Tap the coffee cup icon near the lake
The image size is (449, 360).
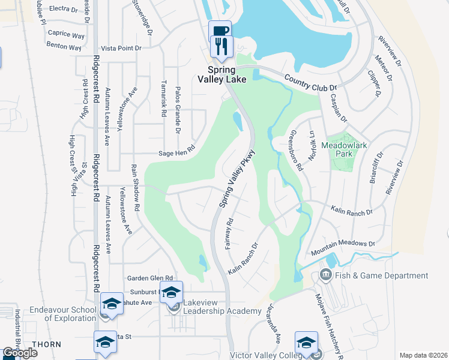(x=219, y=30)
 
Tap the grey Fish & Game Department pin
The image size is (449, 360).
(x=327, y=275)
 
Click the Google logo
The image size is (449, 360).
(x=19, y=353)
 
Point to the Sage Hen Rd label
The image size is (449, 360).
(x=176, y=151)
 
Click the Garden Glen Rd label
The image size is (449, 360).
(x=150, y=278)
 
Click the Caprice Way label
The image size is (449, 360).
(x=65, y=34)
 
